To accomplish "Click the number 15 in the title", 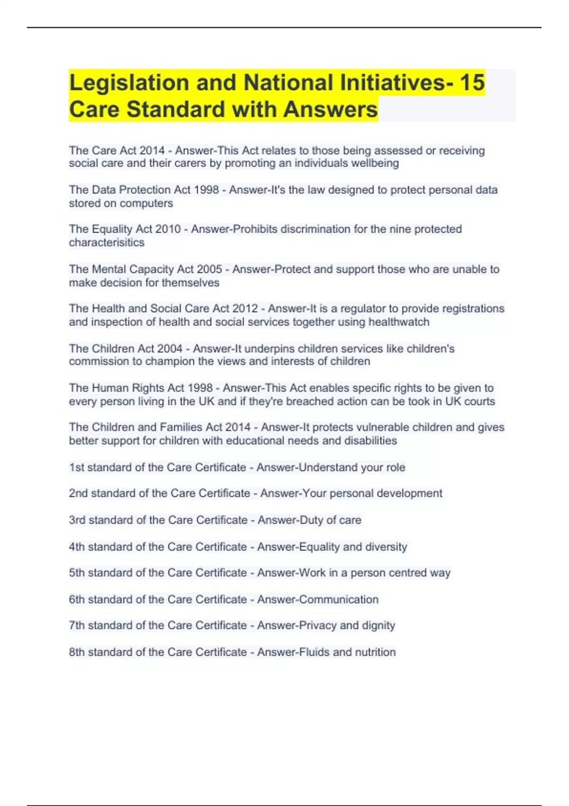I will coord(471,82).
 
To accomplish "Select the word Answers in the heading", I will coord(330,109).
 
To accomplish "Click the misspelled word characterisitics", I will coord(107,242).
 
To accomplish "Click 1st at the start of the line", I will coord(76,467).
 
